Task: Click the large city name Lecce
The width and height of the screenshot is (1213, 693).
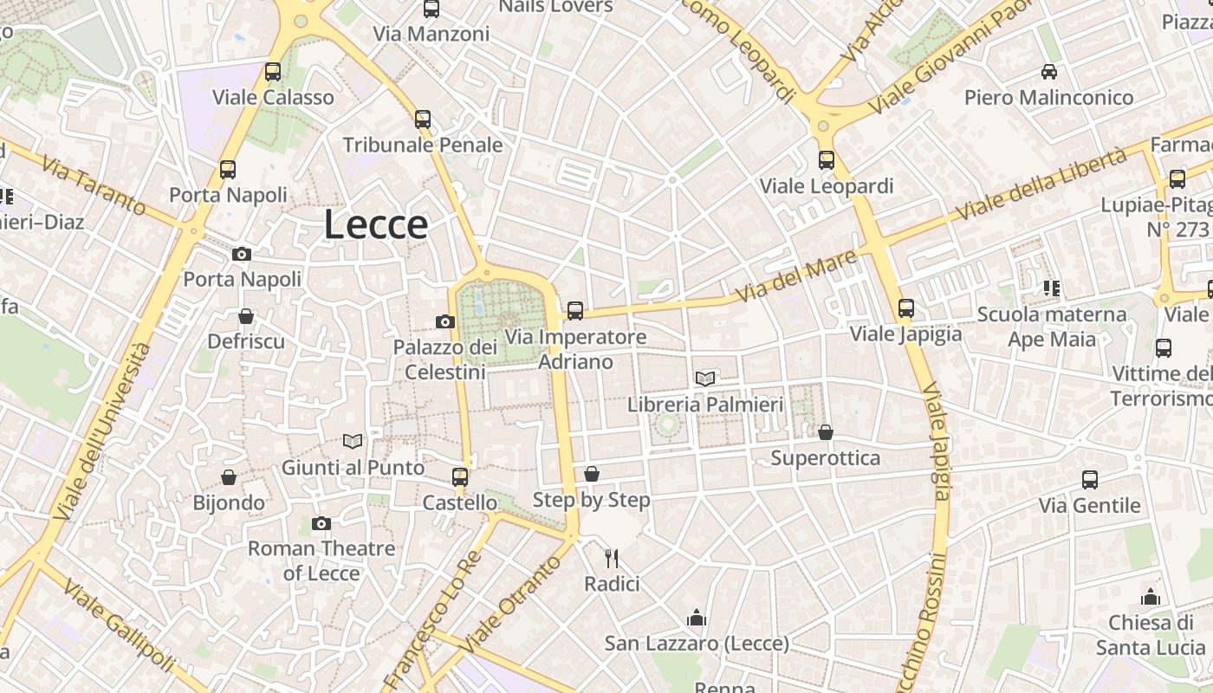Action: pyautogui.click(x=376, y=225)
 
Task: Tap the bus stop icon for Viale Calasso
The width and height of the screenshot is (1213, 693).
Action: pyautogui.click(x=273, y=72)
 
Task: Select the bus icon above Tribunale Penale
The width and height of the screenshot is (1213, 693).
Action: pyautogui.click(x=423, y=120)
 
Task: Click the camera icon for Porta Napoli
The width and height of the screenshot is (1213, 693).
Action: pyautogui.click(x=242, y=254)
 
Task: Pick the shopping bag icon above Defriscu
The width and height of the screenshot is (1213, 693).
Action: pyautogui.click(x=246, y=316)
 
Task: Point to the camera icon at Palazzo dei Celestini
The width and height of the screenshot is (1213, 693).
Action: pyautogui.click(x=445, y=322)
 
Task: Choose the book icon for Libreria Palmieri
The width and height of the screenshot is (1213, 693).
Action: pyautogui.click(x=705, y=379)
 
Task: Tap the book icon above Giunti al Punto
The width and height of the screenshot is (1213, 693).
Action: pyautogui.click(x=353, y=442)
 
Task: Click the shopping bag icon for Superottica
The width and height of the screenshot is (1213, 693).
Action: pyautogui.click(x=826, y=432)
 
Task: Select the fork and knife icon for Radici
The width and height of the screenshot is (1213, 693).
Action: pyautogui.click(x=612, y=559)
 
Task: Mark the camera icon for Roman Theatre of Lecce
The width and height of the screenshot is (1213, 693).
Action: pyautogui.click(x=321, y=523)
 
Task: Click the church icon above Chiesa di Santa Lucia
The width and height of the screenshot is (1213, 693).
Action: pyautogui.click(x=1151, y=597)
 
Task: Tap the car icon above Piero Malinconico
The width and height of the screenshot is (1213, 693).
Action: pyautogui.click(x=1049, y=72)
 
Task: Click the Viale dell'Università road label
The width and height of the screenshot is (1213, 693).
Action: pyautogui.click(x=103, y=431)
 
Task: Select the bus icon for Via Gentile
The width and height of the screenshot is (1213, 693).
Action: pyautogui.click(x=1090, y=479)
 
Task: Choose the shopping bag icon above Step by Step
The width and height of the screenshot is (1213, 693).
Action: pyautogui.click(x=592, y=474)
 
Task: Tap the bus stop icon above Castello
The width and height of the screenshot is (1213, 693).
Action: pyautogui.click(x=460, y=477)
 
